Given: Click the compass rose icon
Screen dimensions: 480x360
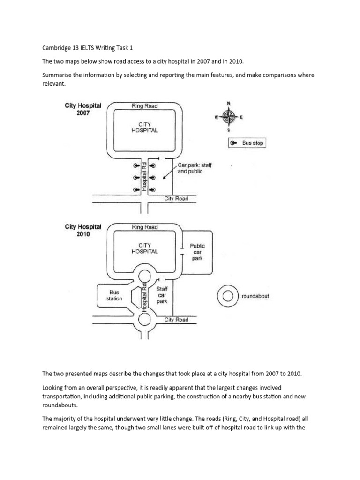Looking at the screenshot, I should (229, 115).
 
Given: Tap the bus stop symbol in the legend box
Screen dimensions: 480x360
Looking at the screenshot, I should (234, 143).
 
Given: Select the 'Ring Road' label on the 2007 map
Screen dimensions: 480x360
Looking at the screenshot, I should (144, 106).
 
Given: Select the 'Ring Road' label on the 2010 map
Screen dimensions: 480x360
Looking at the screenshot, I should (144, 227).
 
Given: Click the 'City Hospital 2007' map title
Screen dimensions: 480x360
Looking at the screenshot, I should (83, 109).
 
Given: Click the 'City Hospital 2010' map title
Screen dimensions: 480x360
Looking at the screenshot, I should (83, 230).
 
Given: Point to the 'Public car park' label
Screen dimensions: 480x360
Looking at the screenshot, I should (197, 252).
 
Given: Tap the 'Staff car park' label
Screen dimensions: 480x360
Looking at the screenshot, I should (162, 296).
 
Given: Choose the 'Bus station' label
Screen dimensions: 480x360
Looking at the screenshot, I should (114, 295).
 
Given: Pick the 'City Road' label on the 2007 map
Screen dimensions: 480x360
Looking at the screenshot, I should (176, 199).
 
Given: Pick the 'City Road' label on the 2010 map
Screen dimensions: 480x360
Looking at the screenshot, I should (176, 320).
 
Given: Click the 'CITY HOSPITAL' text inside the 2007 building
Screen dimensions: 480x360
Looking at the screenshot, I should (144, 127).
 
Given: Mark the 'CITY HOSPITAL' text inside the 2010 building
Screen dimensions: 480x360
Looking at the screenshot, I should (144, 248).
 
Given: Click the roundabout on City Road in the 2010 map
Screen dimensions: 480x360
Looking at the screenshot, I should (145, 320).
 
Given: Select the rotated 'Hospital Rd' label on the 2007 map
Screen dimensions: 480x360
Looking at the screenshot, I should (145, 177).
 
